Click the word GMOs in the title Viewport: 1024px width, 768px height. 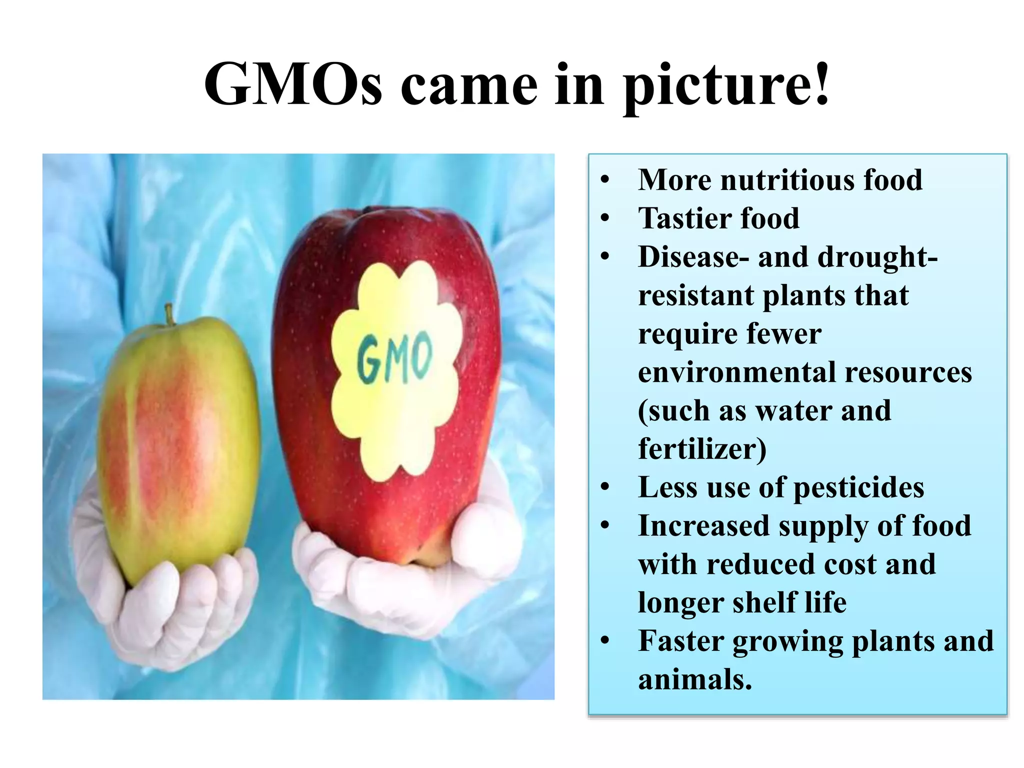tap(293, 85)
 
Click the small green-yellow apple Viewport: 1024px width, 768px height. tap(177, 450)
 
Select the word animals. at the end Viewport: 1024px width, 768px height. tap(695, 680)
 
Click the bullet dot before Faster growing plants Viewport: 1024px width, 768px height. tap(605, 640)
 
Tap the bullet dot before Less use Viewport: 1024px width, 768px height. tap(605, 487)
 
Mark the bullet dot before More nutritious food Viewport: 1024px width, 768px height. tap(605, 179)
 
